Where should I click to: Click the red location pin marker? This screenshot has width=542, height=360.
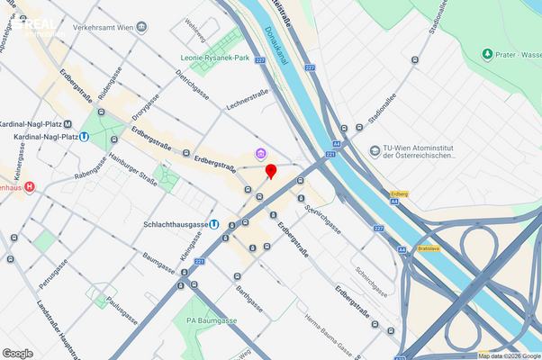pyautogui.click(x=270, y=171)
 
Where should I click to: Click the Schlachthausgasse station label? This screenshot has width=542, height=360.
pyautogui.click(x=176, y=224)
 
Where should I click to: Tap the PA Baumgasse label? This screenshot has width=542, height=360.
pyautogui.click(x=211, y=319)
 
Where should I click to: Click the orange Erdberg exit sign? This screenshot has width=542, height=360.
pyautogui.click(x=401, y=193)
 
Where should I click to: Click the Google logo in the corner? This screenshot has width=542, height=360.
pyautogui.click(x=18, y=353)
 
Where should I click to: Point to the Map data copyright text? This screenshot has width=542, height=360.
pyautogui.click(x=510, y=355)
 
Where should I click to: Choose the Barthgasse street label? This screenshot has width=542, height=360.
pyautogui.click(x=249, y=300)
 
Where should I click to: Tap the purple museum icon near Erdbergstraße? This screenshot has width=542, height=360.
pyautogui.click(x=260, y=154)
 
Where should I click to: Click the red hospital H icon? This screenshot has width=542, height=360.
pyautogui.click(x=30, y=187)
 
